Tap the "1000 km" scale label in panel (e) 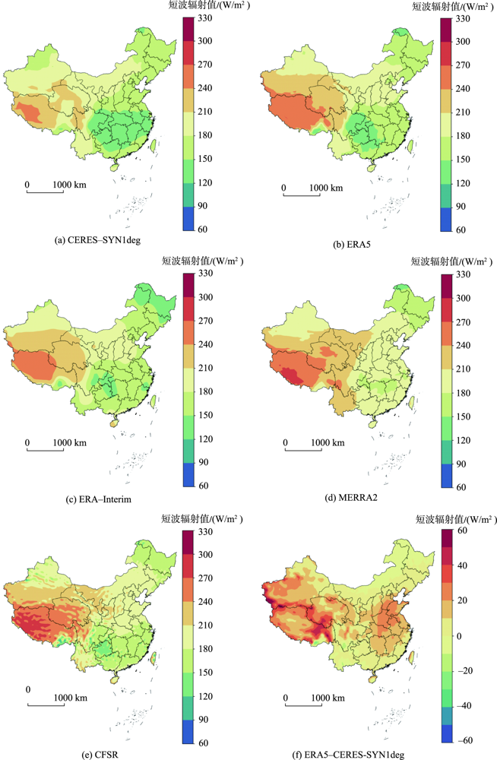[x=71, y=698]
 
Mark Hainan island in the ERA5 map [x=367, y=172]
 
